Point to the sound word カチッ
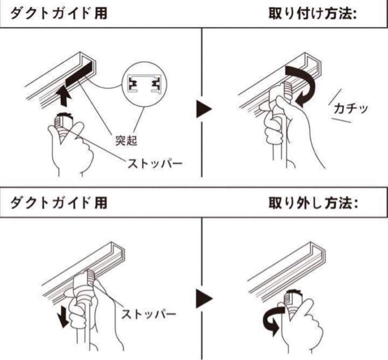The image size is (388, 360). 351,108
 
